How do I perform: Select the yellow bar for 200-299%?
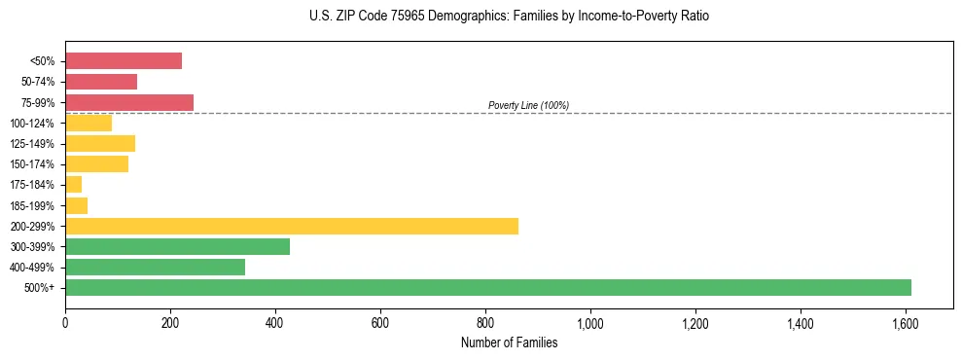click(292, 226)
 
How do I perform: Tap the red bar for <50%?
click(124, 60)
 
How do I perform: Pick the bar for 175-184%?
click(74, 184)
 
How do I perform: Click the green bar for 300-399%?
click(177, 246)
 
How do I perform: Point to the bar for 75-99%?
click(129, 102)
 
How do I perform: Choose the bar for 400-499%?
click(155, 267)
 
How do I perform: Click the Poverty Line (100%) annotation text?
click(528, 105)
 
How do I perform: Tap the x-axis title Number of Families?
click(509, 342)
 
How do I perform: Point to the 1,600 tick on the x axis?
click(906, 323)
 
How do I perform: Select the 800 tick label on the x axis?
click(485, 323)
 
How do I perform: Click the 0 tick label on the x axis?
click(65, 323)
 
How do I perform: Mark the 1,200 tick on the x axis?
click(695, 323)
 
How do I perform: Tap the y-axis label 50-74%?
click(39, 82)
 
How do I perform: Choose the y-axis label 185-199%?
click(34, 205)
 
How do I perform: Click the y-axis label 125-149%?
click(34, 144)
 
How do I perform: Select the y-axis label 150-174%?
click(34, 164)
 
